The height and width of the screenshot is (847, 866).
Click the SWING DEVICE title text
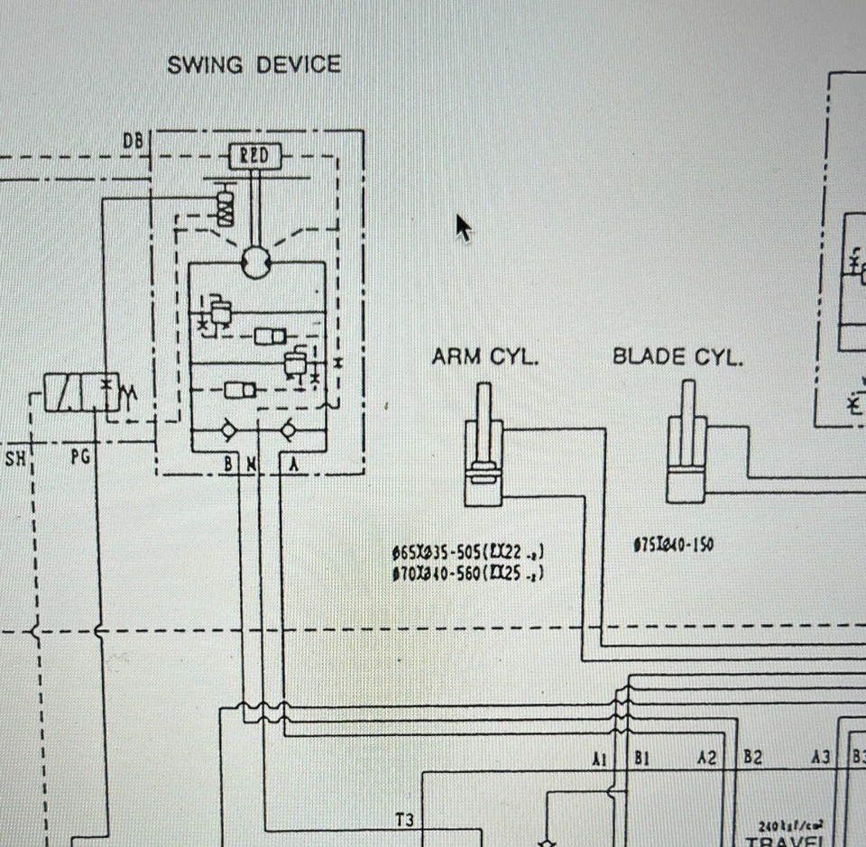(x=253, y=66)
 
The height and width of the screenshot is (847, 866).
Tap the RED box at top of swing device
(x=253, y=157)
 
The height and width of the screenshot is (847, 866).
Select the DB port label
(x=133, y=140)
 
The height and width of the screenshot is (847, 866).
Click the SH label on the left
(x=15, y=457)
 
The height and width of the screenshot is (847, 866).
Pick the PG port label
(x=80, y=457)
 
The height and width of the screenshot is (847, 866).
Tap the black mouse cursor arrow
(x=462, y=226)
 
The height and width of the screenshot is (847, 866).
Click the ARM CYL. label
(x=484, y=357)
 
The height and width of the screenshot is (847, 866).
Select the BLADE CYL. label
(x=677, y=357)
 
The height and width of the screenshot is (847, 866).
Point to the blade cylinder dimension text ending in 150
(x=674, y=545)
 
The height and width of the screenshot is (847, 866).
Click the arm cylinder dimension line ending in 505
(x=468, y=552)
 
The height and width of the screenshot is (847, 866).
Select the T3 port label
(x=404, y=819)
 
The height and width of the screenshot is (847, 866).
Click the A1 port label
(x=600, y=759)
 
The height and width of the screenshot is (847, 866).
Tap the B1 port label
(x=641, y=759)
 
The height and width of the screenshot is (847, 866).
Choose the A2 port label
(x=706, y=759)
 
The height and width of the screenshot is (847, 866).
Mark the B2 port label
(x=751, y=759)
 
